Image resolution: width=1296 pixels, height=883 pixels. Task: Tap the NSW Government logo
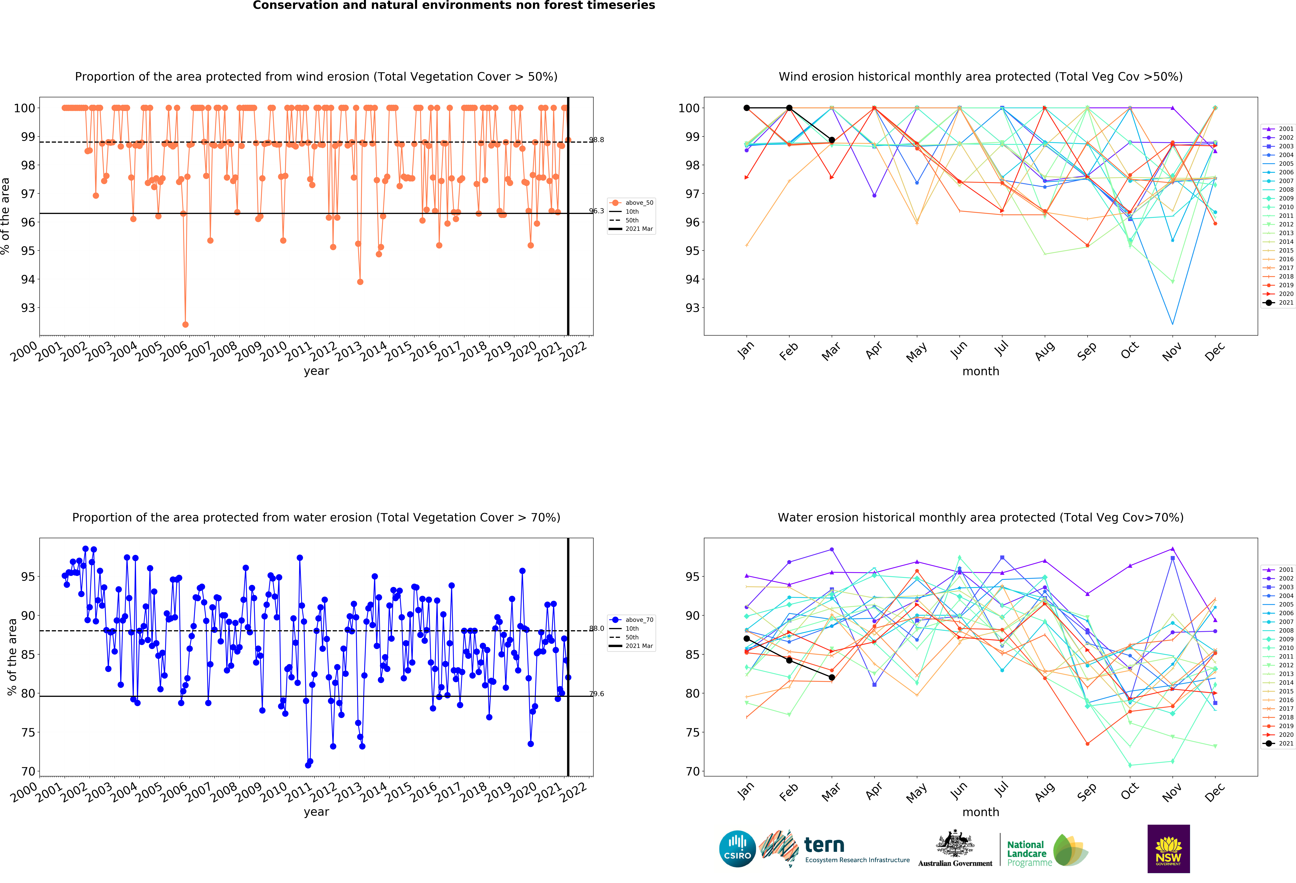point(1168,848)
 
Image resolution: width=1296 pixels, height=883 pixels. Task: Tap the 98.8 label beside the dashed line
point(597,140)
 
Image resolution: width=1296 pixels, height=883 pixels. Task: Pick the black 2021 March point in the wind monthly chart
point(831,140)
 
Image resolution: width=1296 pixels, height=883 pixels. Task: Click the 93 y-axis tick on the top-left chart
point(28,308)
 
